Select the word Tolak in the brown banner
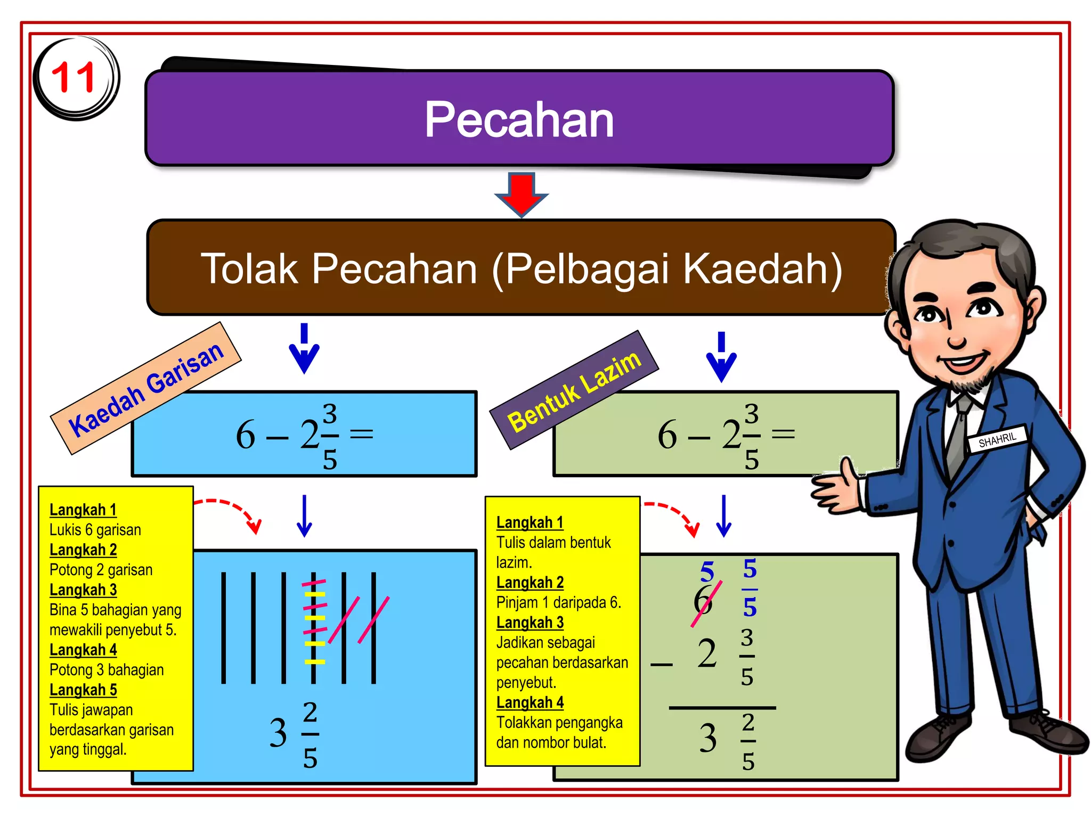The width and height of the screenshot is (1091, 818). [x=249, y=269]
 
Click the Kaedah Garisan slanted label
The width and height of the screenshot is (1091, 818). [x=146, y=388]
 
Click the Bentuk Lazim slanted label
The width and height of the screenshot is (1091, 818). [x=574, y=390]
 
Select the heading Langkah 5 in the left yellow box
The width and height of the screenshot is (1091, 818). [x=83, y=690]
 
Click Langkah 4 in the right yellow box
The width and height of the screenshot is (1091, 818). [x=530, y=702]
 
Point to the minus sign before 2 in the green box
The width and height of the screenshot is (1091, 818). [x=662, y=664]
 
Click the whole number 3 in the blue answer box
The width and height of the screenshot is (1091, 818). [x=278, y=733]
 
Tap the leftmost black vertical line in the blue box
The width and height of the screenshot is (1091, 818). [x=224, y=627]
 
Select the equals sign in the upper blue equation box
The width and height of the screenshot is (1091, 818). [x=361, y=434]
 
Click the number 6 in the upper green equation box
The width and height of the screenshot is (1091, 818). [x=667, y=434]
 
